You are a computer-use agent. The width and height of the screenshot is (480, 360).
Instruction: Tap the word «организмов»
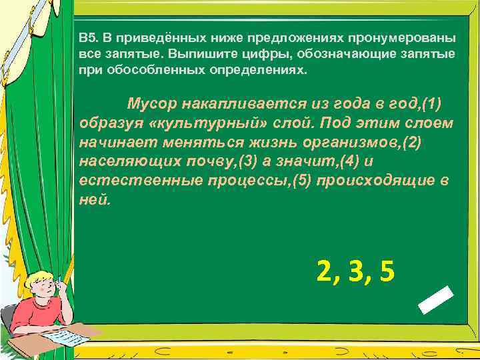pyautogui.click(x=338, y=143)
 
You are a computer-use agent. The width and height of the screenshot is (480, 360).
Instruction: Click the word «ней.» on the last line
pyautogui.click(x=92, y=200)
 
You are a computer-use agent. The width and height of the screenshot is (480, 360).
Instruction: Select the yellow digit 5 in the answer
pyautogui.click(x=385, y=271)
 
